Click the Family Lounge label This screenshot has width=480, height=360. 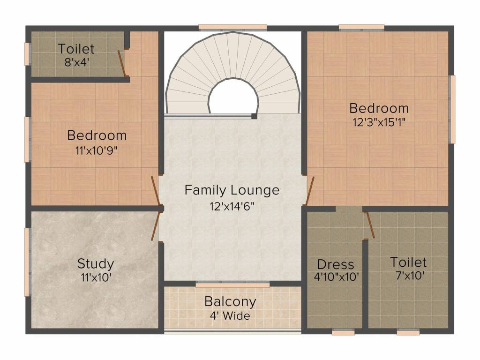pos(232,190)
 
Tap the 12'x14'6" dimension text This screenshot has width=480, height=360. pos(232,207)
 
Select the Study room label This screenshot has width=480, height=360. pos(96,263)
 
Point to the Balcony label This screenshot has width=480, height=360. pos(230,301)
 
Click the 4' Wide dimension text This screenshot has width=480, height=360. pos(230,315)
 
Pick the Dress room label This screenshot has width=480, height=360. pos(336,264)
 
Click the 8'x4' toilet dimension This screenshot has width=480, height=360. pos(76,61)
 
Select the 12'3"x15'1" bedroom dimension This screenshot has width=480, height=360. pos(379,123)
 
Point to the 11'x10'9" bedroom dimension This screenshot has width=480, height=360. pos(97,150)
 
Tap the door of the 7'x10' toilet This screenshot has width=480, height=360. pos(369,225)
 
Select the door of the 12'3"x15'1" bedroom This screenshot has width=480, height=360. pos(310,191)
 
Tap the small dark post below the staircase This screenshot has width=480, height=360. pos(254,116)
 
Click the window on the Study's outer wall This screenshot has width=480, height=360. pos(27,262)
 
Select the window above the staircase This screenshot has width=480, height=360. pos(232,27)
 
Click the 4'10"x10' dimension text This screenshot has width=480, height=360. pos(337,277)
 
